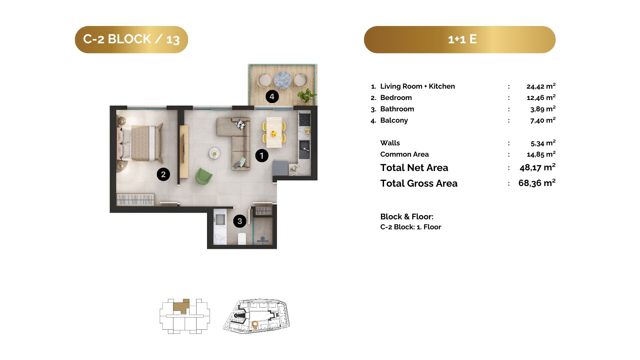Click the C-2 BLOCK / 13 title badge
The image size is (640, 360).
click(131, 39)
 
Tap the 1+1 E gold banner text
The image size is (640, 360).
click(462, 39)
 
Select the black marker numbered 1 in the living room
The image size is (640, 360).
click(262, 155)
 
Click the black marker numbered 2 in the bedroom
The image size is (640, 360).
click(163, 174)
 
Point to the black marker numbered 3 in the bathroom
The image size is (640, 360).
click(240, 221)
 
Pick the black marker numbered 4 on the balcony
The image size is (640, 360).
click(272, 96)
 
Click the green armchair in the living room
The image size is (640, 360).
click(203, 176)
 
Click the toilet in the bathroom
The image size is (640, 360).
click(242, 239)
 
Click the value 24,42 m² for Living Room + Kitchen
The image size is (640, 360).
click(541, 86)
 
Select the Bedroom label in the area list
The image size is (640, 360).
click(396, 98)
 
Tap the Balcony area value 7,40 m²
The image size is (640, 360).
click(543, 120)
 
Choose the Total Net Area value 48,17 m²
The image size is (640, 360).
click(538, 167)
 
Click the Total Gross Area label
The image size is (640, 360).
click(419, 183)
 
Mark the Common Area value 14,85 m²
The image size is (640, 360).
click(541, 154)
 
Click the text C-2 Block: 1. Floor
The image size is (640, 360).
click(411, 227)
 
